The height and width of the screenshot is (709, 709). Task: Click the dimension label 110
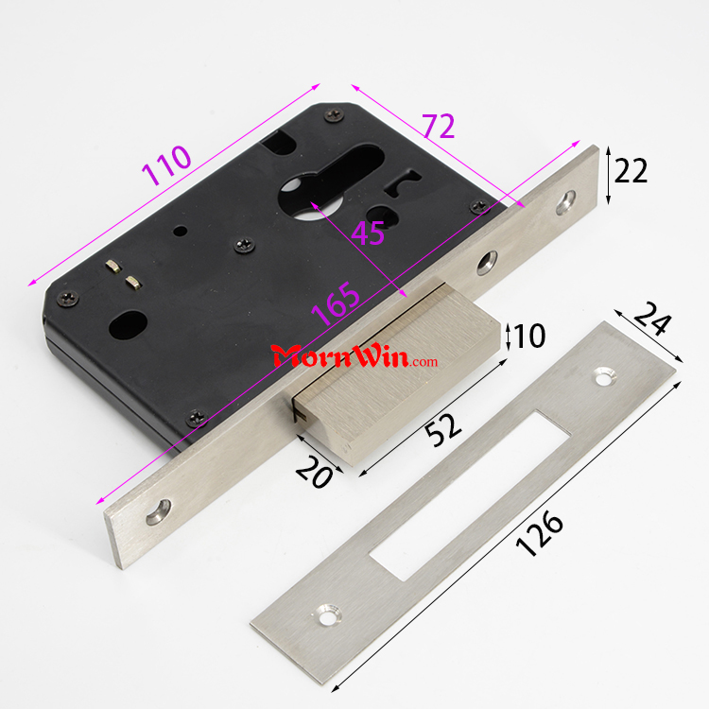click(x=166, y=165)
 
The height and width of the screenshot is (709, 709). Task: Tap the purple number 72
click(x=439, y=126)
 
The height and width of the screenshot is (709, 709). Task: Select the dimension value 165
click(x=335, y=303)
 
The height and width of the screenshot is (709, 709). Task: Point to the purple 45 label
click(x=368, y=233)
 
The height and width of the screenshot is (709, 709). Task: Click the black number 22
click(x=631, y=171)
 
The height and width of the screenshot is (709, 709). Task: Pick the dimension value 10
click(x=529, y=336)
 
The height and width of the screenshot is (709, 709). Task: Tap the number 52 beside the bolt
click(x=443, y=429)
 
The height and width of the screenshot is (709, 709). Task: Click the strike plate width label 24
click(x=652, y=319)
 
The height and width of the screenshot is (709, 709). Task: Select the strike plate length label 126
click(x=540, y=533)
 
